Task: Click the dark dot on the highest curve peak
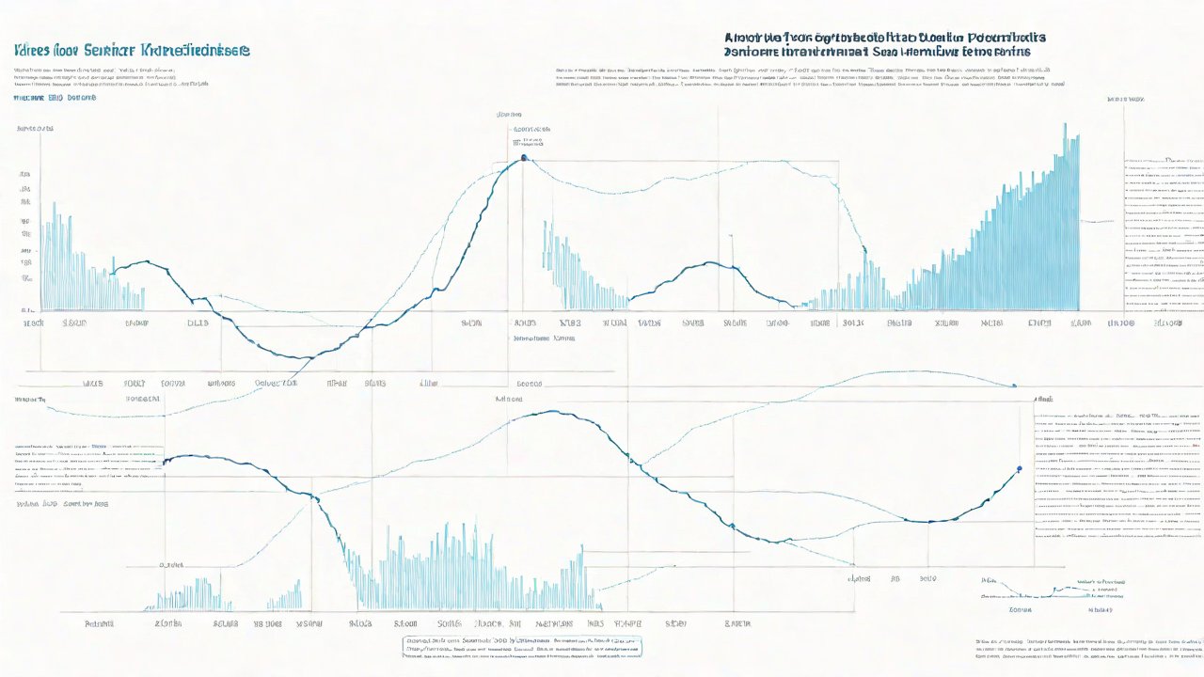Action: tap(523, 157)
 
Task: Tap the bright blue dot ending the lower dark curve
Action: tap(1020, 467)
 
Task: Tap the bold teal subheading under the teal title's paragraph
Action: tap(55, 97)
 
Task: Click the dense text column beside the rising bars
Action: tap(1164, 235)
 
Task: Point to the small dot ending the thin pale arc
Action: tap(1014, 386)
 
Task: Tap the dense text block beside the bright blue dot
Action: tap(1117, 470)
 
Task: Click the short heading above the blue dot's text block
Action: tap(1044, 400)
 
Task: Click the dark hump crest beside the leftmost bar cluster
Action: tap(143, 261)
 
